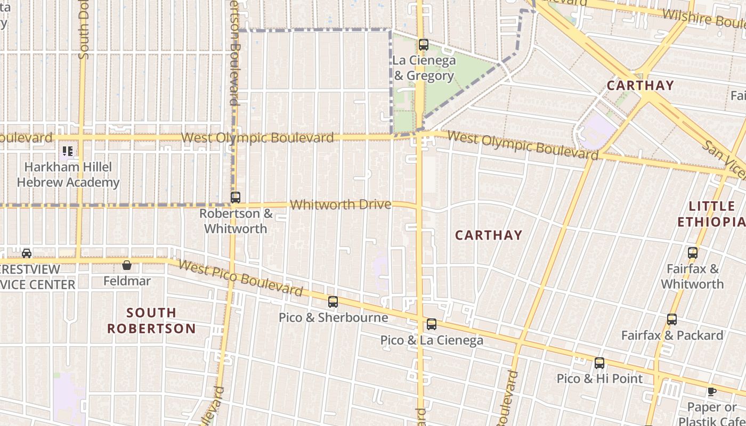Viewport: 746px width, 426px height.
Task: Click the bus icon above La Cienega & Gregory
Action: tap(424, 45)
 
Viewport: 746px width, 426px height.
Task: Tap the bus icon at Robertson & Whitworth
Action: tap(236, 198)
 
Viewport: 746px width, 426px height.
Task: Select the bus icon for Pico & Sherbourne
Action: tap(333, 302)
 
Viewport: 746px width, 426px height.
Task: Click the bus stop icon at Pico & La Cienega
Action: tap(432, 324)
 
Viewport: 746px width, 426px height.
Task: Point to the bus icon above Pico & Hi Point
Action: tap(599, 363)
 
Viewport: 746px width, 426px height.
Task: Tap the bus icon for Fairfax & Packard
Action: tap(672, 319)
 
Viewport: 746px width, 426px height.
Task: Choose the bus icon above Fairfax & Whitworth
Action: tap(693, 253)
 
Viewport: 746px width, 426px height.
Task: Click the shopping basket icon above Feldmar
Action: tap(127, 265)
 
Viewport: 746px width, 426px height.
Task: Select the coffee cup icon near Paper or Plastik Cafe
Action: tap(711, 392)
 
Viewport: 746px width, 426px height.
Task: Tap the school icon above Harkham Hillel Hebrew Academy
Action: tap(67, 151)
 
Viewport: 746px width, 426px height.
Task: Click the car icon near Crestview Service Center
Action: tap(27, 253)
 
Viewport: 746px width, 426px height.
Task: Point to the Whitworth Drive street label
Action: tap(340, 204)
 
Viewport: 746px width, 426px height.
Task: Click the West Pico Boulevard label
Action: tap(240, 278)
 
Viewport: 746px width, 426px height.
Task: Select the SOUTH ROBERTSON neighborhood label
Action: tap(152, 321)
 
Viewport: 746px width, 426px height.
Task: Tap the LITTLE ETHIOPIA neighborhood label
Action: tap(711, 214)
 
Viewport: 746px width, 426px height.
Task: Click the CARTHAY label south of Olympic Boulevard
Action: tap(489, 235)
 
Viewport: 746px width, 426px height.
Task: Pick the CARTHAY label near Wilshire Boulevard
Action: tap(640, 85)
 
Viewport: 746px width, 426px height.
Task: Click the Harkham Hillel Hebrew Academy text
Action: tap(68, 175)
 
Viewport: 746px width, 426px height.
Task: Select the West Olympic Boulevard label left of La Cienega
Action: tap(257, 138)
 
